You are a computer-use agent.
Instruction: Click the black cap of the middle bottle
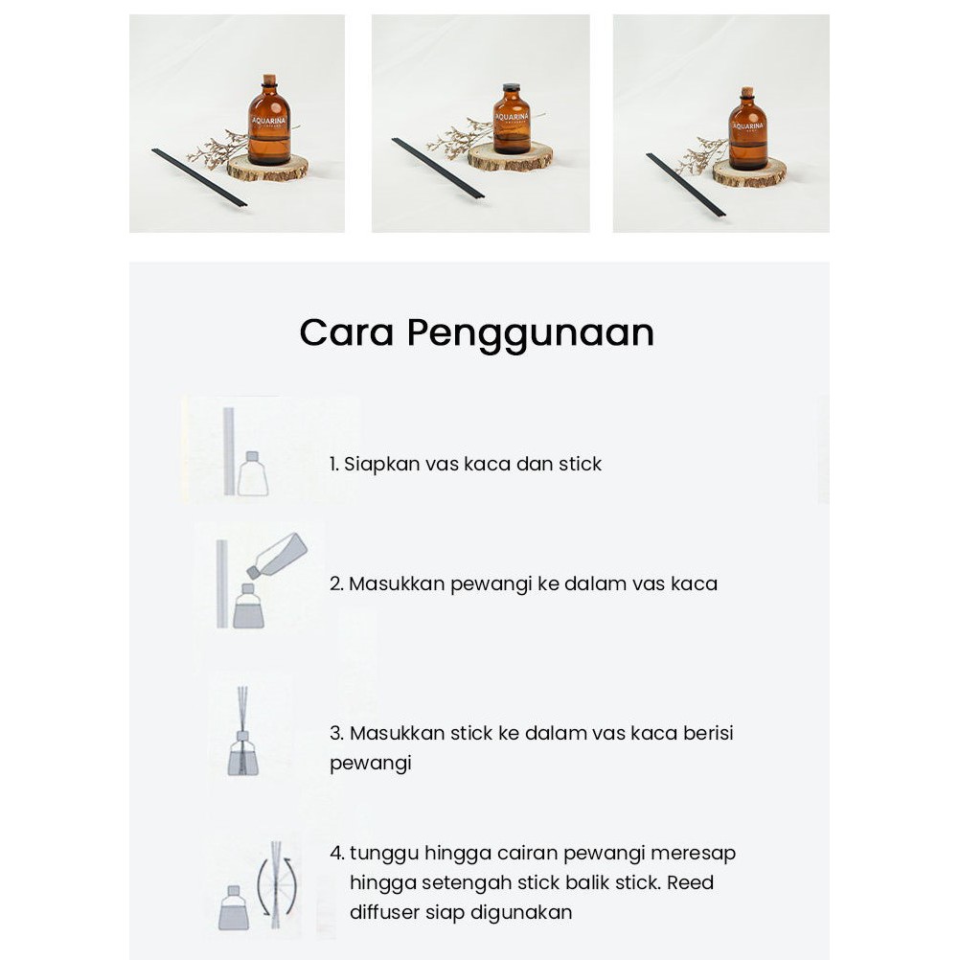point(512,88)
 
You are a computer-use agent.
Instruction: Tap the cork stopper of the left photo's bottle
point(269,80)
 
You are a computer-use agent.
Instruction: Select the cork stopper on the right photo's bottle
point(746,92)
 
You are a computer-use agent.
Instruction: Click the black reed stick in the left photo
point(199,177)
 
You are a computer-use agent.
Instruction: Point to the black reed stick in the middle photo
point(438,169)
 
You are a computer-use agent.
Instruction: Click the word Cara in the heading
point(347,332)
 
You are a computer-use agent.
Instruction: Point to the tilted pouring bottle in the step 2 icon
point(277,556)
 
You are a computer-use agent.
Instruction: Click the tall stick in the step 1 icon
point(228,451)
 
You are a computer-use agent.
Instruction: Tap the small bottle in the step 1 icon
point(252,473)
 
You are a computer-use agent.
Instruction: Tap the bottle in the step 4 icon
point(234,907)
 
